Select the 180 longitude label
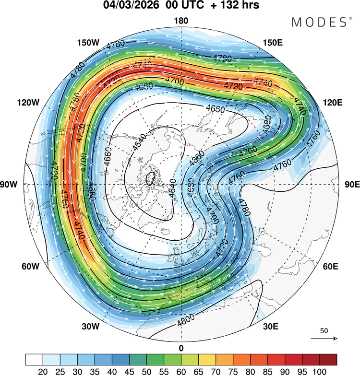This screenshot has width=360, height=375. coord(181,21)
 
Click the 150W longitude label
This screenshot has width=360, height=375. coord(88,43)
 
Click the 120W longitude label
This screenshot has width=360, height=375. coord(27,103)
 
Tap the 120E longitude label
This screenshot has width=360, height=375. coord(333,103)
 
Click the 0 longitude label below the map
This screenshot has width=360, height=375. coord(181,348)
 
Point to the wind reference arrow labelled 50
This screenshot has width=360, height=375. coord(324,339)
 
